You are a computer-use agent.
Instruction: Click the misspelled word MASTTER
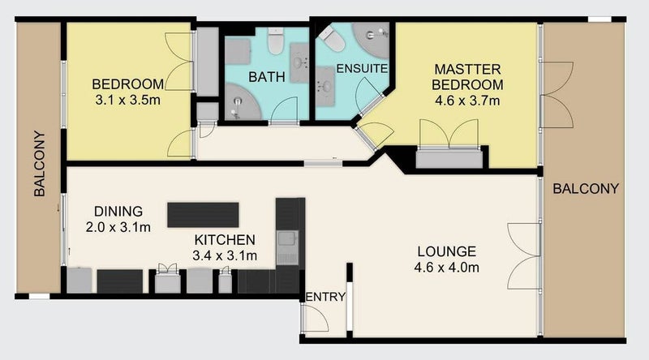click(467, 69)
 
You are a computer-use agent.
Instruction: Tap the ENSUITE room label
click(362, 69)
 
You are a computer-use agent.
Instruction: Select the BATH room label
click(267, 77)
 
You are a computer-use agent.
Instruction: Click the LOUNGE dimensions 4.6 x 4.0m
click(447, 268)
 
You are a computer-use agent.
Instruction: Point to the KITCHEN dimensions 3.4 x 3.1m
click(225, 255)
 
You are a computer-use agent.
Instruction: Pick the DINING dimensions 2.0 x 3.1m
click(118, 227)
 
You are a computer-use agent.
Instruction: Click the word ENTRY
click(325, 297)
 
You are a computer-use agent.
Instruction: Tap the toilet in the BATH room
click(275, 41)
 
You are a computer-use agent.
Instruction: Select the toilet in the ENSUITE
click(332, 39)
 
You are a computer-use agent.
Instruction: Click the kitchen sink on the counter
click(287, 247)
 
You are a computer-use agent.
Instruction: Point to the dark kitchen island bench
click(203, 215)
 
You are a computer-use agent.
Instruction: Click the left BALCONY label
click(39, 164)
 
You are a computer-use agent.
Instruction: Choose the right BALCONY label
click(586, 189)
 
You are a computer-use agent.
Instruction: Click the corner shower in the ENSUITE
click(371, 41)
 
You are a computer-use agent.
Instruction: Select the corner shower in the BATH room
click(243, 102)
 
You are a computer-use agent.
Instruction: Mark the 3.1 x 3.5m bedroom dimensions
click(127, 101)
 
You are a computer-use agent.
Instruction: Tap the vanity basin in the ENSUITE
click(325, 86)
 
